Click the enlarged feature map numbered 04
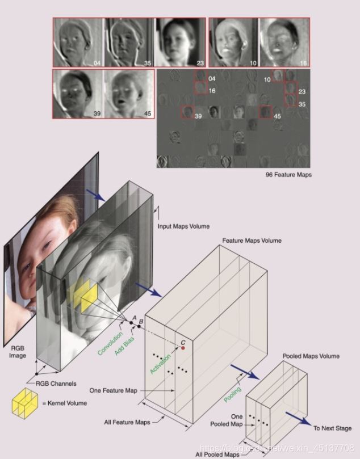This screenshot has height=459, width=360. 78,43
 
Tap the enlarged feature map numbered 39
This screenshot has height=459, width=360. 78,94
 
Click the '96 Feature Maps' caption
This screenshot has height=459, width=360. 288,175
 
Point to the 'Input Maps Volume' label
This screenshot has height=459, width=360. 183,226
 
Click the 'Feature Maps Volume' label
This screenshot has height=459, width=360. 252,241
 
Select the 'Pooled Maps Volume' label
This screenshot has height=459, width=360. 311,356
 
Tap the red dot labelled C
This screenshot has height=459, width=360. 183,348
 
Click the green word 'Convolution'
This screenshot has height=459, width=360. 110,344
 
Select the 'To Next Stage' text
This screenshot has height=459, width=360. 332,428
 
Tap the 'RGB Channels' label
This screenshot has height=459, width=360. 56,384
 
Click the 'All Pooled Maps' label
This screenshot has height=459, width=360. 217,454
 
